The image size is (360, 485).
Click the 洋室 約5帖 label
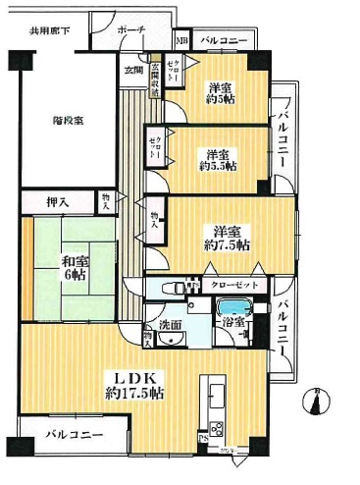click(x=220, y=94)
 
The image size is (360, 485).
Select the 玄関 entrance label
click(x=133, y=70)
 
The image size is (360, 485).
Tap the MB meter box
click(x=181, y=41)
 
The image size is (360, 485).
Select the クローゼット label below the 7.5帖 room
click(x=233, y=285)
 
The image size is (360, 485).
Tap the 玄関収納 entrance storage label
click(x=154, y=79)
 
